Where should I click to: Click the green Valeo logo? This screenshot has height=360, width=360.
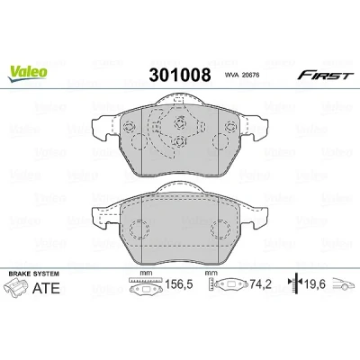28,73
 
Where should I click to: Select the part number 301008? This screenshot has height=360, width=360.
180,75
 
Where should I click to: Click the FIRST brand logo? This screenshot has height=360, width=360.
326,76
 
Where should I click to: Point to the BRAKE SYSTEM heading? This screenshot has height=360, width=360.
34,274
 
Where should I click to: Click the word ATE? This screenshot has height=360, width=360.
46,288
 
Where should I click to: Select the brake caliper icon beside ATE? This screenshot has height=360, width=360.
17,287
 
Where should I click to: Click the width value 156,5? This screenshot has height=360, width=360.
179,283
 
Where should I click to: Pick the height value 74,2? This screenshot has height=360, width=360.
260,283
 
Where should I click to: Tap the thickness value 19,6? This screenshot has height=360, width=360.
314,283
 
